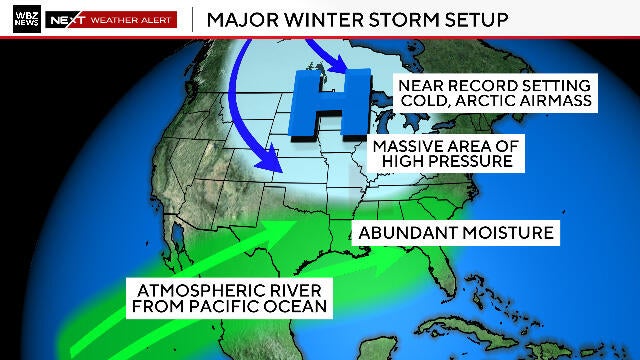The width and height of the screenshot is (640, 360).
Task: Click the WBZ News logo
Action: click(21, 19)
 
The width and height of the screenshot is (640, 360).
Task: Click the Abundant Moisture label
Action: click(455, 233)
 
